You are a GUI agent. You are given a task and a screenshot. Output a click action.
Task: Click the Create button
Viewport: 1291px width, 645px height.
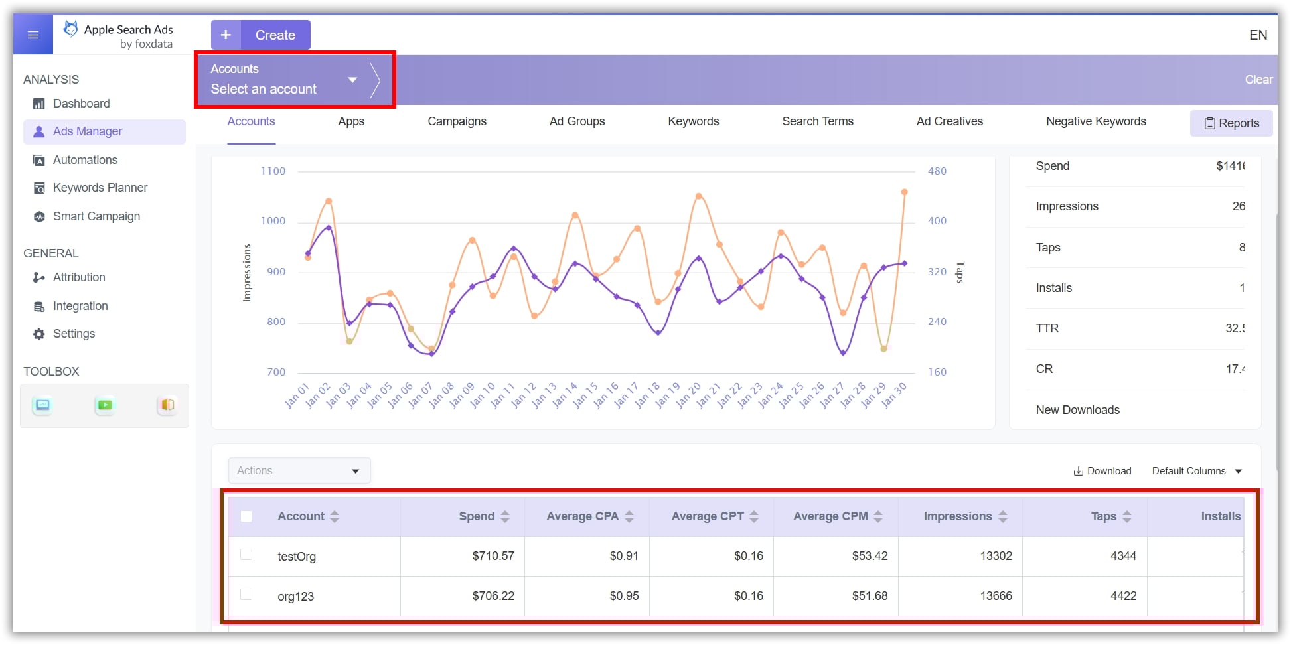261,35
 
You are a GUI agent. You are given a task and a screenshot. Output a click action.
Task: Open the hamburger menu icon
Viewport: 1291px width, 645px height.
33,35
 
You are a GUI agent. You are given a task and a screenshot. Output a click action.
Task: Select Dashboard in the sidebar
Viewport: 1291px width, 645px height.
81,104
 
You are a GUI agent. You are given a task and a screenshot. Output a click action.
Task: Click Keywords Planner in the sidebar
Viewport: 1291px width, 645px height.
100,188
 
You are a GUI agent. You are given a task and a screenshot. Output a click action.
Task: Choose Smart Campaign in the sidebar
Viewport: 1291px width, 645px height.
96,216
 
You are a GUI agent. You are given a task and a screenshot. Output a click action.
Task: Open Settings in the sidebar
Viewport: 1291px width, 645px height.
74,334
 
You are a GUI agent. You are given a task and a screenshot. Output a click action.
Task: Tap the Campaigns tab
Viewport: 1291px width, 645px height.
457,121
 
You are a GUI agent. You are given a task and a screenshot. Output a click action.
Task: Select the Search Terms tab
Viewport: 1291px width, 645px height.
817,121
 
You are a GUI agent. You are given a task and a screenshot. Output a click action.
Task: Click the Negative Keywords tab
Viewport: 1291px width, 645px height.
1096,121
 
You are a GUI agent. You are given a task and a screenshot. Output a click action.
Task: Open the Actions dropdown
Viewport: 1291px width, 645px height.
299,470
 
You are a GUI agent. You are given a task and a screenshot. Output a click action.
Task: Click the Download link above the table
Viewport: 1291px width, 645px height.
1102,471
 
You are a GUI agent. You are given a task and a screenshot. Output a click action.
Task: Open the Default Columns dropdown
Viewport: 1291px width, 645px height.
1196,471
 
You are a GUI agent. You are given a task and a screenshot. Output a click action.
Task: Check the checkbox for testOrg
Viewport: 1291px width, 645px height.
246,555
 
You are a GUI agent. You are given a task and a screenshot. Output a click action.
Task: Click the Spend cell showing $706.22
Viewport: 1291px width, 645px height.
493,596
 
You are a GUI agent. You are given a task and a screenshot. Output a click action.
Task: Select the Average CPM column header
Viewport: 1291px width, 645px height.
830,516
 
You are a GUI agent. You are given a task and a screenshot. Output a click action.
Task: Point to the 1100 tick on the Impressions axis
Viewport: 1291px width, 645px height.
273,171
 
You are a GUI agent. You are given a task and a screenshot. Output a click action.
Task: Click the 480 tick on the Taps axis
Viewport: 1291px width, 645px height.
937,171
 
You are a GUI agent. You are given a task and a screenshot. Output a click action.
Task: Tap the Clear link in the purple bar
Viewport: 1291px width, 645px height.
1258,80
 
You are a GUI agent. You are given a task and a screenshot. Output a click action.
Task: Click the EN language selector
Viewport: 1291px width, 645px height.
1258,35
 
